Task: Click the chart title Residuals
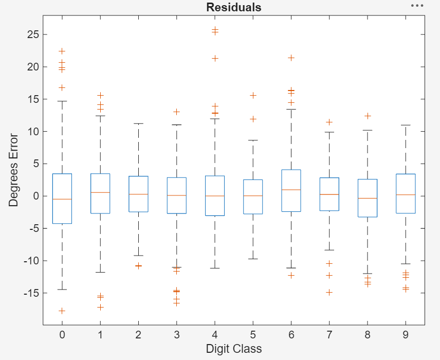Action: [x=233, y=7]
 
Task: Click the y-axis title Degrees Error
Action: [x=14, y=170]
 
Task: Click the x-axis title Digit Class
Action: [x=233, y=349]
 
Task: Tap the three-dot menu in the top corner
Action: [x=417, y=6]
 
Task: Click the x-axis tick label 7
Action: [x=329, y=335]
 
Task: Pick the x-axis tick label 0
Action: [x=62, y=335]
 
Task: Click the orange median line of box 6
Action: [x=291, y=190]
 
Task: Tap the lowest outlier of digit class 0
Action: [x=62, y=311]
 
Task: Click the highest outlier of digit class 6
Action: [x=291, y=58]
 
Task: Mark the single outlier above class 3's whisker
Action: [x=176, y=112]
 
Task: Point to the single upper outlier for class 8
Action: [x=368, y=116]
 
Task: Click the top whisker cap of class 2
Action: [x=138, y=123]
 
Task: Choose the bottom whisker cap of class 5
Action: [x=253, y=259]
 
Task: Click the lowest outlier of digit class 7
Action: [x=329, y=292]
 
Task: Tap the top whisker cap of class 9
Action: [x=406, y=125]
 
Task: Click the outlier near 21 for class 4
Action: [x=215, y=58]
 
